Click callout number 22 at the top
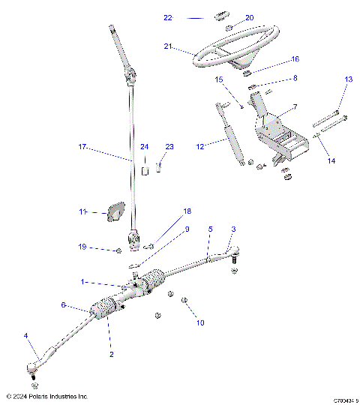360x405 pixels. [x=169, y=16]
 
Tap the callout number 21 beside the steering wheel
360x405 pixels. [x=169, y=46]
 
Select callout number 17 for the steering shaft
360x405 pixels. [x=82, y=148]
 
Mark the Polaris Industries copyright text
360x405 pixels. [x=46, y=396]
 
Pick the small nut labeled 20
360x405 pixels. [x=229, y=27]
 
